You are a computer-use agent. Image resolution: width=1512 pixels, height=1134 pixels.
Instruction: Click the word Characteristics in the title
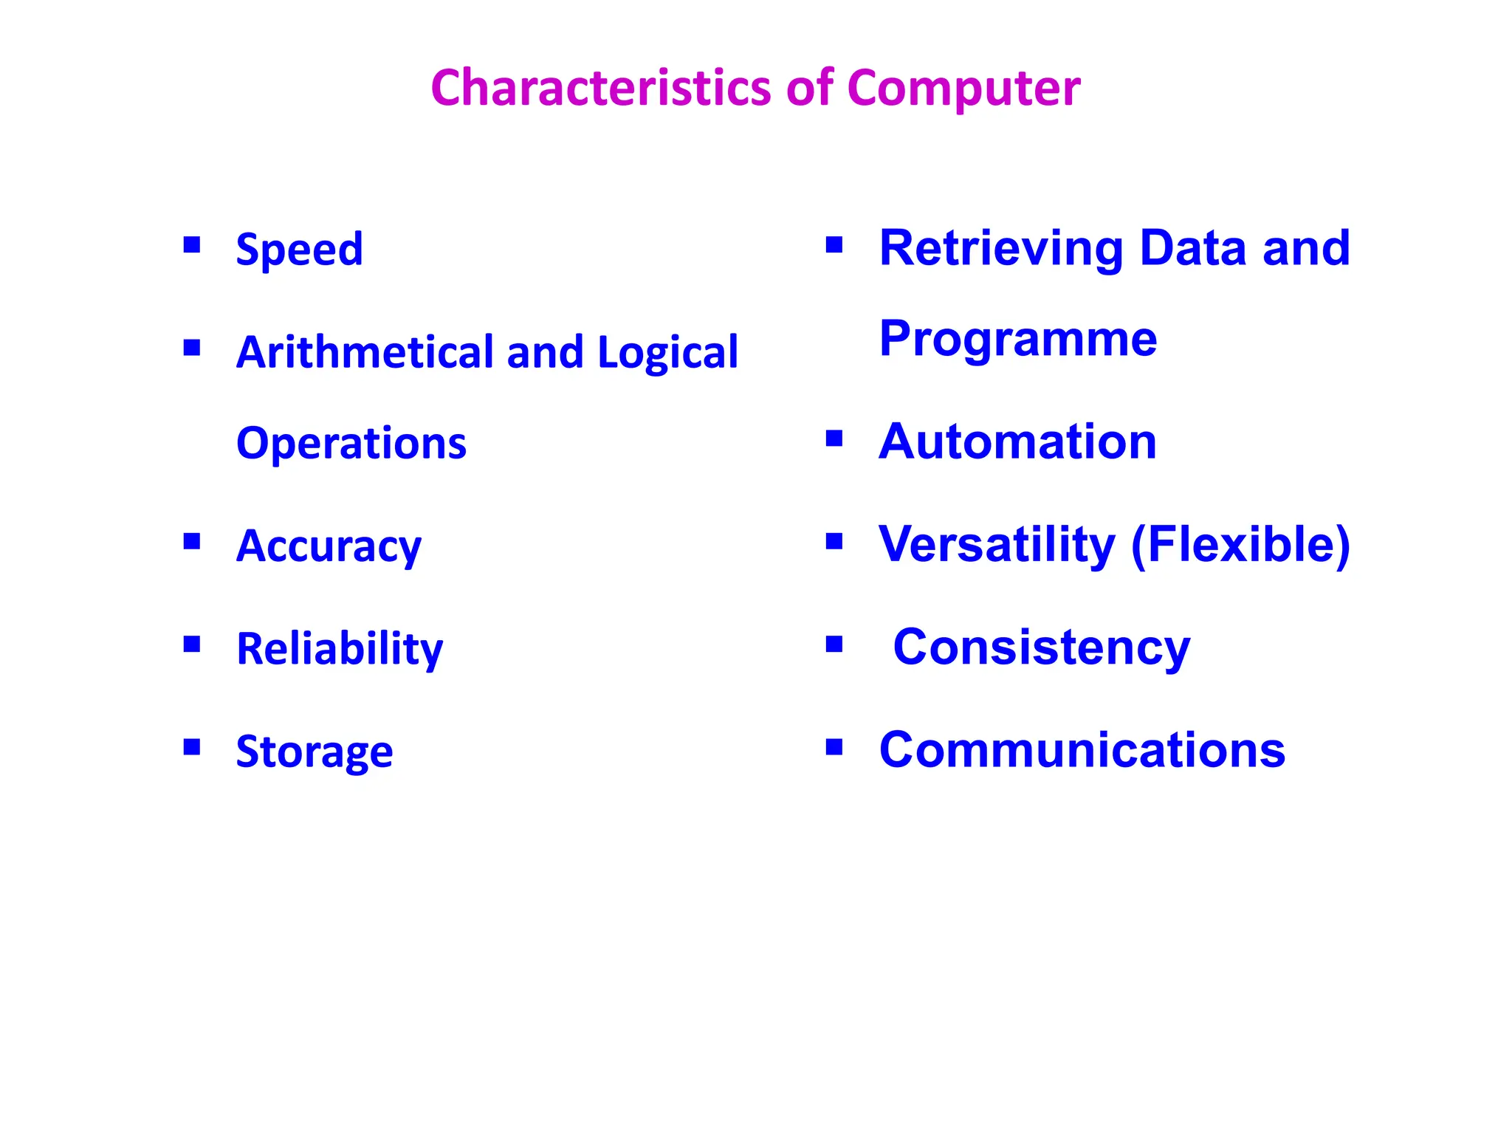tap(602, 88)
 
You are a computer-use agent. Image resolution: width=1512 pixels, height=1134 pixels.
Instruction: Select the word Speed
tap(299, 249)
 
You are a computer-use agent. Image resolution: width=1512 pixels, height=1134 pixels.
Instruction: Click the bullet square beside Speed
tap(192, 244)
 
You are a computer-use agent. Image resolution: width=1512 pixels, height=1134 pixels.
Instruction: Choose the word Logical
tap(667, 353)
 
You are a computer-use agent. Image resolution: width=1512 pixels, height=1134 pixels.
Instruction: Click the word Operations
tap(351, 443)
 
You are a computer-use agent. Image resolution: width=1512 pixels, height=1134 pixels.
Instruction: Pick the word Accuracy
tap(329, 547)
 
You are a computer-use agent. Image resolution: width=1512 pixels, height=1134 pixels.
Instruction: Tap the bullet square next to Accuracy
tap(192, 542)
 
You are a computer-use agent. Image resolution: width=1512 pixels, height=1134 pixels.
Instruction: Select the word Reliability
tap(340, 649)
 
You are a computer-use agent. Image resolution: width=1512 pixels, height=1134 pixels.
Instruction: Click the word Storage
tap(315, 752)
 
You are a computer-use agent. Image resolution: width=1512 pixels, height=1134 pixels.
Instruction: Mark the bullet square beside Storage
tap(192, 747)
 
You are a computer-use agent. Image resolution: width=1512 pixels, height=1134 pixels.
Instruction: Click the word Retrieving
tap(1001, 249)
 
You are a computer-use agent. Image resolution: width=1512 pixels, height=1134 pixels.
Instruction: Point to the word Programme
tap(1018, 340)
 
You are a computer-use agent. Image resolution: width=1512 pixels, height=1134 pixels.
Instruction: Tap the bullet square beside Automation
tap(834, 439)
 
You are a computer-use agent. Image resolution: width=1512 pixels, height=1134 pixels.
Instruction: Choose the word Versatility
tap(997, 545)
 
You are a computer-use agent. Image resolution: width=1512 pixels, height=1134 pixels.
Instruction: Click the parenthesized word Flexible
tap(1240, 545)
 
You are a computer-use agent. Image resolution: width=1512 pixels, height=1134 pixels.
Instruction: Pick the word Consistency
tap(1041, 647)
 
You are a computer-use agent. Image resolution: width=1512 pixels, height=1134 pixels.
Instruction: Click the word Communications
tap(1082, 750)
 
